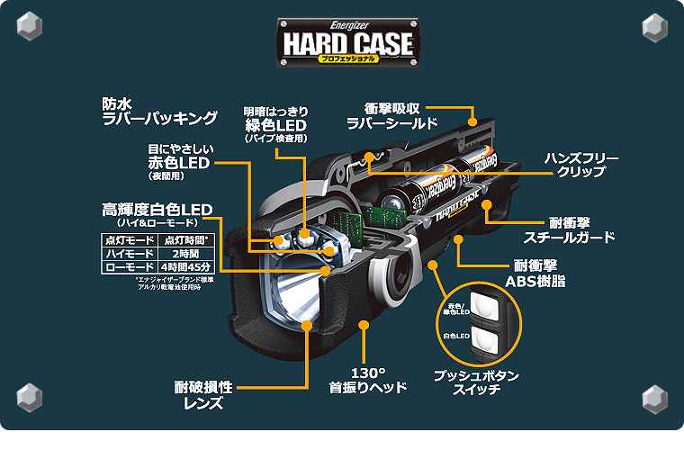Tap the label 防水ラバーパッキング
(160, 111)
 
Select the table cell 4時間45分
(184, 267)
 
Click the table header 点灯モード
(129, 239)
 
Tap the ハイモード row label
(129, 254)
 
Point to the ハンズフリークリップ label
(581, 165)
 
